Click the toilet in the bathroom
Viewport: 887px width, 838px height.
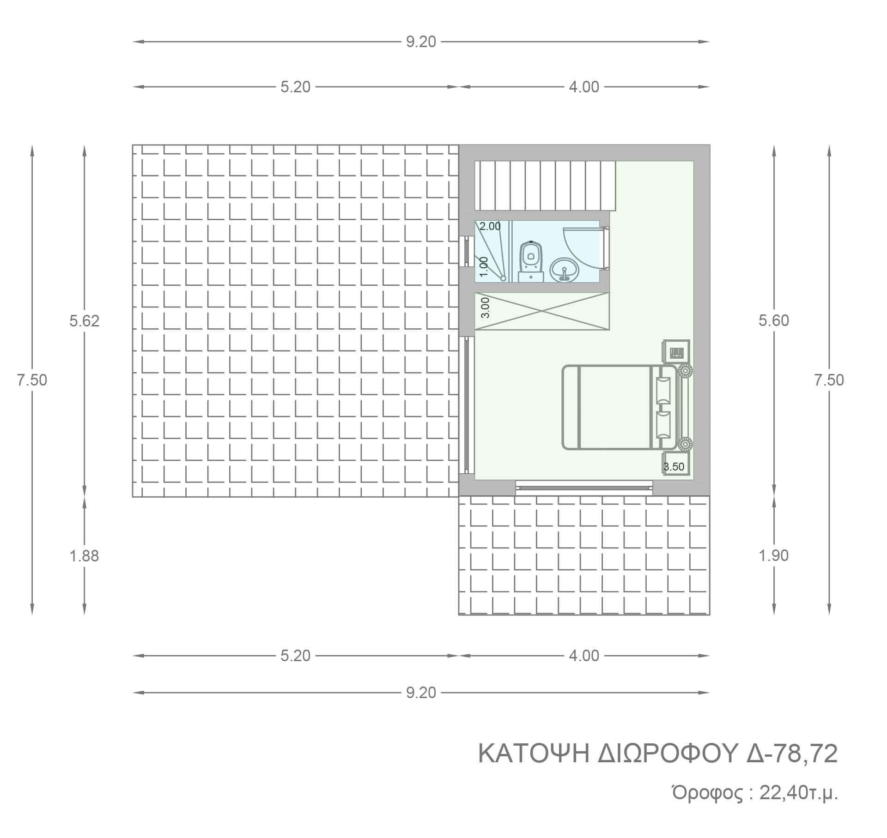tap(531, 261)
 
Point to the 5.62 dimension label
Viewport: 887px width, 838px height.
tap(85, 321)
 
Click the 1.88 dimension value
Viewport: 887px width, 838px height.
tap(85, 556)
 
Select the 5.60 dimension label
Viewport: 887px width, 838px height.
tap(774, 320)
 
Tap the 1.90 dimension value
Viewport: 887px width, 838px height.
tap(774, 555)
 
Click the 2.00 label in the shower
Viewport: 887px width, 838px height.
tap(490, 227)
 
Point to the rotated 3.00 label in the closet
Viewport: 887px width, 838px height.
tap(485, 308)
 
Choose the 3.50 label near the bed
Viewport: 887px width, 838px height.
tap(674, 467)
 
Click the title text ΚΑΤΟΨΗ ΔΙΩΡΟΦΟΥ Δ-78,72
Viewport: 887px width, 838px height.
tap(658, 754)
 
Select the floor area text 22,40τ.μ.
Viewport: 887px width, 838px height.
tap(799, 793)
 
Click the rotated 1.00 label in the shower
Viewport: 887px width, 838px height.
tap(484, 267)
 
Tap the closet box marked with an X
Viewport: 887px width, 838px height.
tap(542, 312)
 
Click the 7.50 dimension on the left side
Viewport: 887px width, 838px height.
tap(32, 380)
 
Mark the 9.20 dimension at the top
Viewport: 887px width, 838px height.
tap(421, 42)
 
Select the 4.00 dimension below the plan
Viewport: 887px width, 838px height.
tap(584, 656)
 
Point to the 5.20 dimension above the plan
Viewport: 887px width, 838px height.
tap(296, 87)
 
